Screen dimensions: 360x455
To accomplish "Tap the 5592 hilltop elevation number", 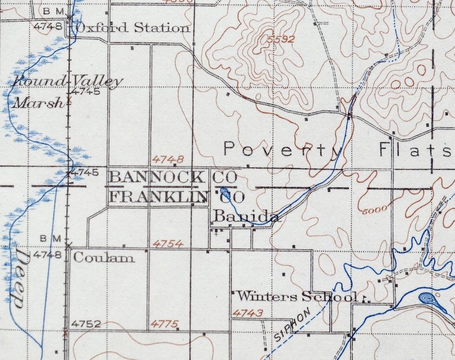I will [281, 40].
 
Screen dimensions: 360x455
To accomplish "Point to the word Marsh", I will [38, 103].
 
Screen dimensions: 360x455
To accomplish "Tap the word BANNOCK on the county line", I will [157, 177].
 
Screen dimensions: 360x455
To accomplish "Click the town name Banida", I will [246, 217].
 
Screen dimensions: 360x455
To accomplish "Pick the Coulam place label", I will [104, 258].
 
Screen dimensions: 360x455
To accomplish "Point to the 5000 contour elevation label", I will [375, 209].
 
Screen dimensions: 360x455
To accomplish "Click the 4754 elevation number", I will [168, 244].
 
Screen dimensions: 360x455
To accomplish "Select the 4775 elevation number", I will [165, 324].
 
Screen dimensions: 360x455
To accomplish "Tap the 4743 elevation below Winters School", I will [248, 313].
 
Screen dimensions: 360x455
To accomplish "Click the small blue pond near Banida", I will [224, 192].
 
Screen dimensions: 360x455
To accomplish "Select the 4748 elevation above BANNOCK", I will [168, 159].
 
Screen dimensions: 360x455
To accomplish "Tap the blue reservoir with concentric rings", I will [428, 299].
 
